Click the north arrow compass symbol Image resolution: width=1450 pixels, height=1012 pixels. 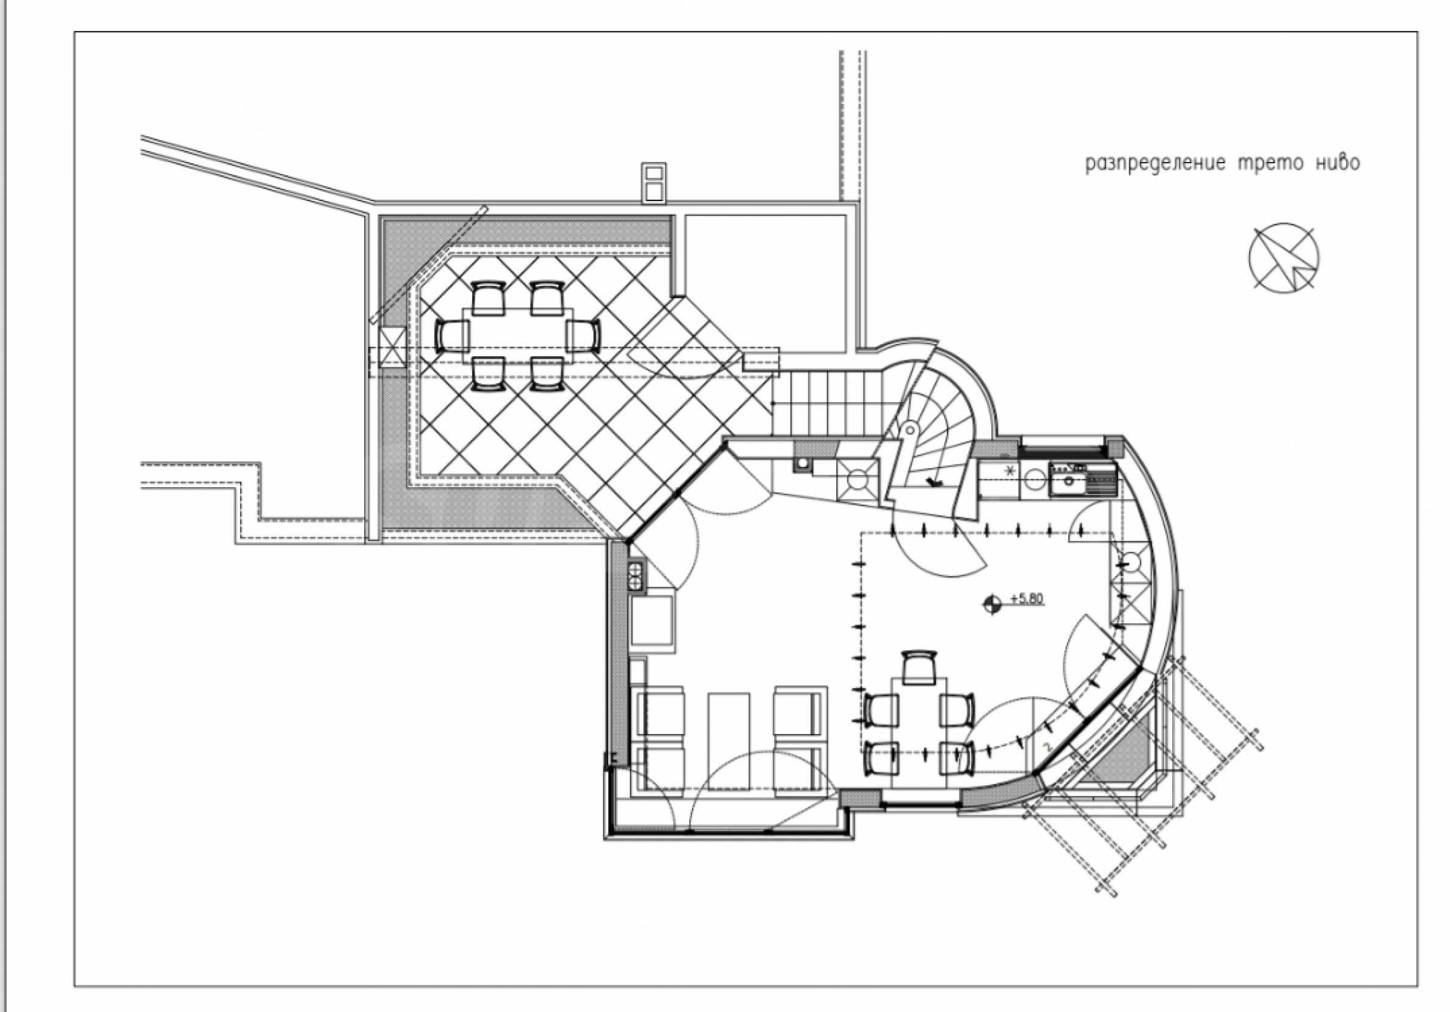coord(1284,258)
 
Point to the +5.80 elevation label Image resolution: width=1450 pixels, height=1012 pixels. coord(1026,598)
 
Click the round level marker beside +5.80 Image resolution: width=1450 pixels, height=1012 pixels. coord(992,604)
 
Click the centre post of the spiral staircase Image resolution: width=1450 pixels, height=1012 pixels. coord(910,430)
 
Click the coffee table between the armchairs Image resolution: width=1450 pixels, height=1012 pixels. coord(729,741)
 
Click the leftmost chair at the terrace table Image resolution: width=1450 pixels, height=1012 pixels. coord(451,335)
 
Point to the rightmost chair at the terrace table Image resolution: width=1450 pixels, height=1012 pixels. coord(583,335)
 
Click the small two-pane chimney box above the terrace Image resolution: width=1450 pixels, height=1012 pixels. coord(654,183)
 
